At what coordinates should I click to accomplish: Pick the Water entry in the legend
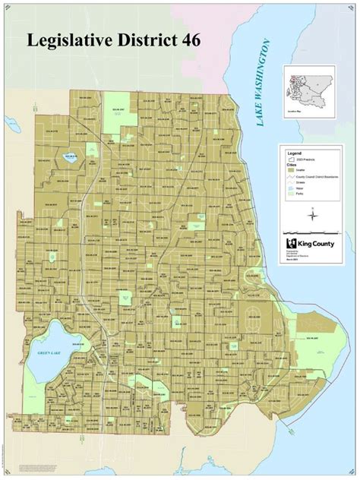[289, 188]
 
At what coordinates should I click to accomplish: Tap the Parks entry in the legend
[289, 194]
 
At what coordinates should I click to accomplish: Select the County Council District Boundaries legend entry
[289, 175]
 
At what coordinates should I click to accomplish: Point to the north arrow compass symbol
[310, 214]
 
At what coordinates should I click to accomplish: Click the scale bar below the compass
[310, 230]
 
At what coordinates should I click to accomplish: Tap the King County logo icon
[289, 243]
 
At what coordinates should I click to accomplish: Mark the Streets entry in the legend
[289, 182]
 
